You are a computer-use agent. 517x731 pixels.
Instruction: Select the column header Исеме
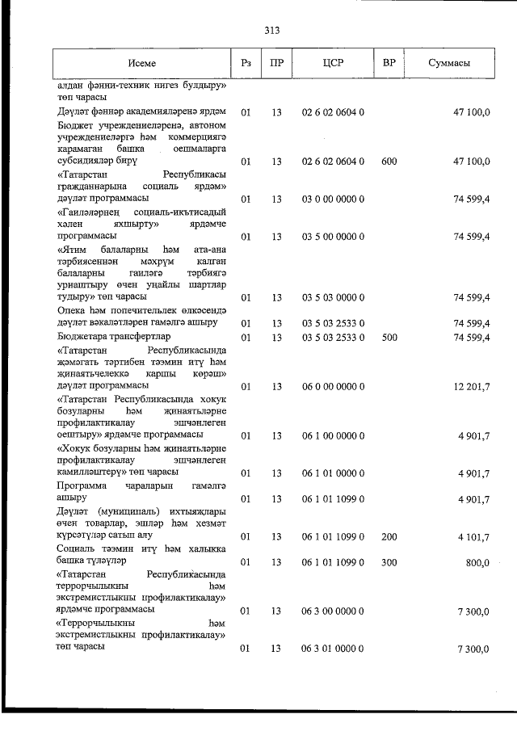(141, 63)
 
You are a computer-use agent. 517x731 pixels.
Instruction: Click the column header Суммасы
(450, 63)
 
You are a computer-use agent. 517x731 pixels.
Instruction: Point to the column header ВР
(389, 63)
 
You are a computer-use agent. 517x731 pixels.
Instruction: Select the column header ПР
(276, 63)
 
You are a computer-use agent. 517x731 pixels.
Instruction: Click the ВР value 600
(389, 162)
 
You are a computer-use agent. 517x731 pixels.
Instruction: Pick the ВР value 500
(389, 337)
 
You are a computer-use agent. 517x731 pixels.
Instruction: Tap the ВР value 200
(389, 536)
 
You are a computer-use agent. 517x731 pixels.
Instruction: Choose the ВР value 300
(389, 561)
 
